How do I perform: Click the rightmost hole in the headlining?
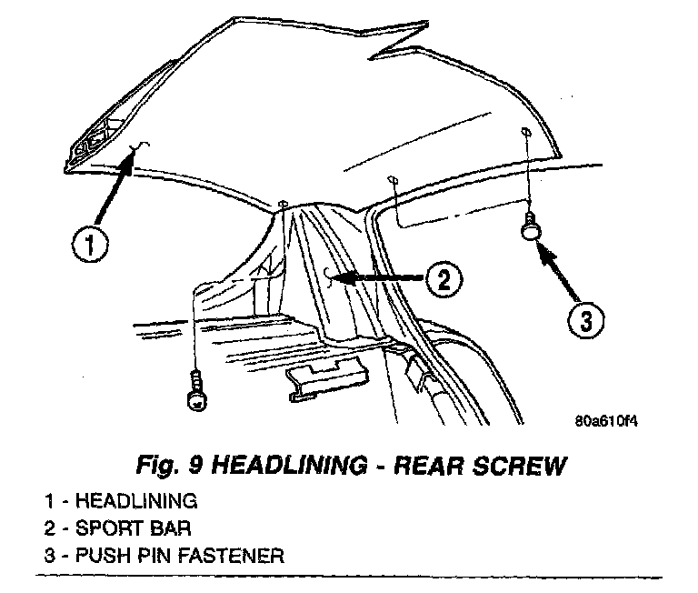pyautogui.click(x=527, y=133)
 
